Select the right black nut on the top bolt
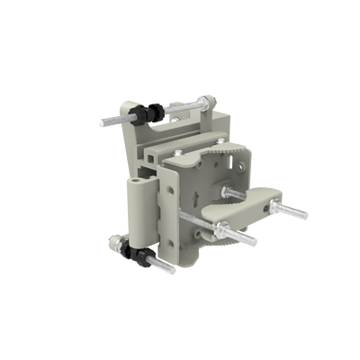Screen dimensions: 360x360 [157, 110]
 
